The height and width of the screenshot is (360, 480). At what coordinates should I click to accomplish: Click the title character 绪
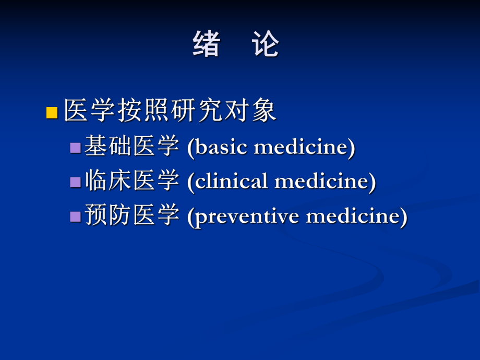[206, 44]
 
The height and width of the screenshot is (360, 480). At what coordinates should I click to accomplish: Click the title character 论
[266, 44]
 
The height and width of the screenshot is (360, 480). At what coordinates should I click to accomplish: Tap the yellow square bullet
[52, 112]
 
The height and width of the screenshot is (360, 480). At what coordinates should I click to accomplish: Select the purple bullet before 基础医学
[76, 148]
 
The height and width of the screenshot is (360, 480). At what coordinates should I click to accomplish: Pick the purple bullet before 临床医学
[76, 182]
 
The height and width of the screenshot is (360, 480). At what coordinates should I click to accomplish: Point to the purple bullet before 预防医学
[76, 216]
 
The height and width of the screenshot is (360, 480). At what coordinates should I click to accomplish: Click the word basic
[221, 147]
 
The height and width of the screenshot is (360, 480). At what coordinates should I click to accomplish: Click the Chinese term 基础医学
[132, 147]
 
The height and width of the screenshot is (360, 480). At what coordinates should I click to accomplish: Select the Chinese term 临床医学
[132, 181]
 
